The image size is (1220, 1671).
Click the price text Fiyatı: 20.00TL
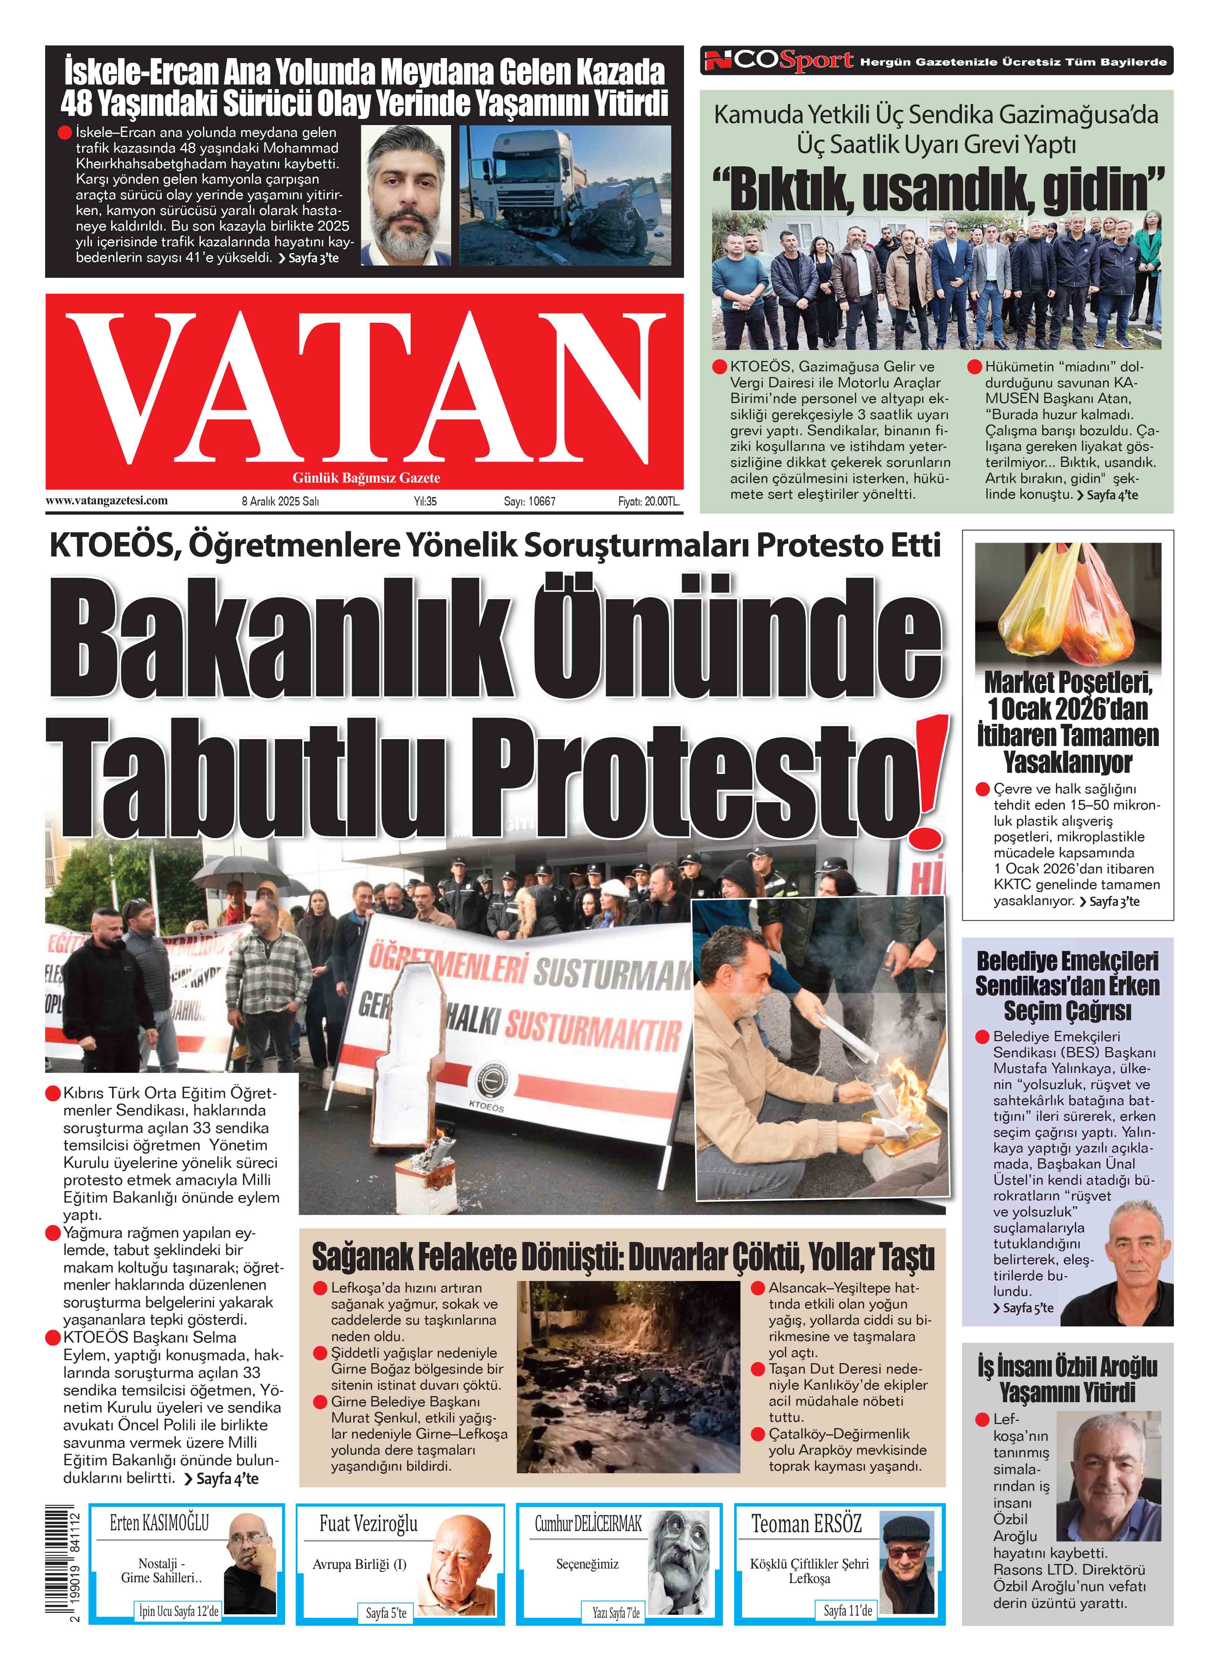click(648, 501)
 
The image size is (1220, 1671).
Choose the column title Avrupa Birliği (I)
click(360, 1564)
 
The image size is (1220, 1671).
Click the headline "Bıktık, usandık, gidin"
click(936, 189)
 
